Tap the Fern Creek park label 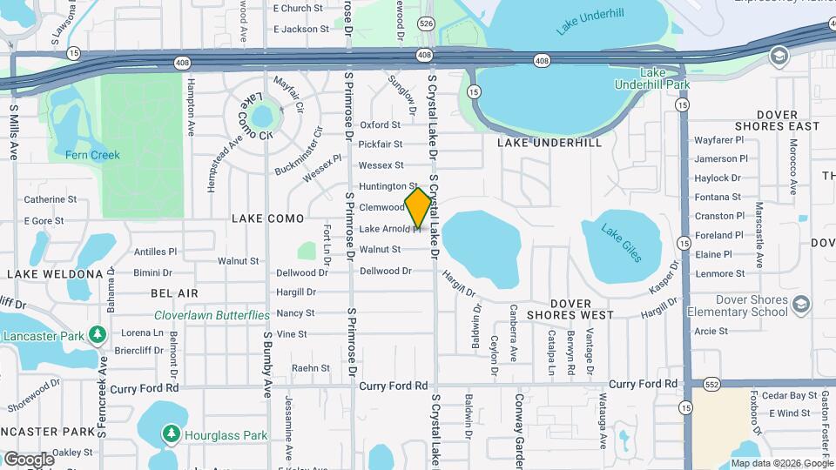[x=92, y=155]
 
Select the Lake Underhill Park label [x=664, y=78]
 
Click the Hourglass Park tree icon [x=172, y=433]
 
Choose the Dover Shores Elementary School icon [x=801, y=305]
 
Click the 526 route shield [x=426, y=23]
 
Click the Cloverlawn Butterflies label [x=212, y=315]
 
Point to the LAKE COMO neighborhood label [x=267, y=218]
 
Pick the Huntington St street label [x=388, y=186]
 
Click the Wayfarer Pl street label [x=718, y=139]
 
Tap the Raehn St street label [x=311, y=368]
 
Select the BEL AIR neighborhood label [x=174, y=294]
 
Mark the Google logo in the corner [x=29, y=459]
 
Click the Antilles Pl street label [x=155, y=252]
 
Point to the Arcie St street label [x=711, y=332]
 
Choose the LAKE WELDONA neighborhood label [x=56, y=274]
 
